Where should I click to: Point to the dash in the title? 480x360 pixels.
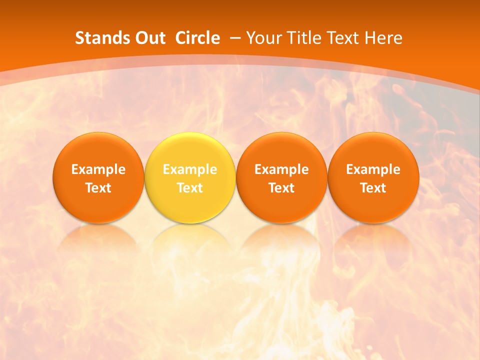[235, 38]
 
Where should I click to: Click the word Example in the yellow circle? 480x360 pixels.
[190, 169]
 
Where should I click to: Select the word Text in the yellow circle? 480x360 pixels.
[190, 188]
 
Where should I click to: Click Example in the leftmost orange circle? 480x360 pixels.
[98, 169]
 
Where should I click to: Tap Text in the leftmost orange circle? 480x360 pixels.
[98, 188]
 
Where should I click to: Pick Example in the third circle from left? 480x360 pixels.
[281, 169]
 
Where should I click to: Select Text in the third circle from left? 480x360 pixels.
[281, 188]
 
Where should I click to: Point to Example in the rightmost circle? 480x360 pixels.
[373, 169]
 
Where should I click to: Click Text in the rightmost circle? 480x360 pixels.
[373, 188]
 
